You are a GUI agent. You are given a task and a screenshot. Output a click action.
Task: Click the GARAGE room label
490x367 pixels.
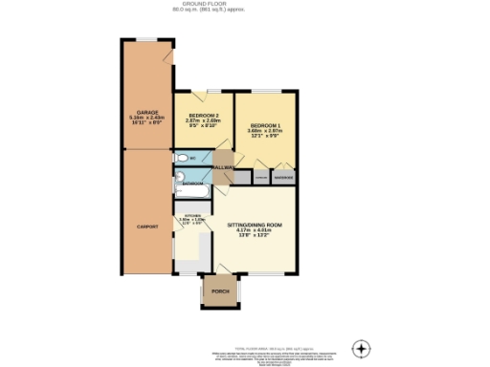click(146, 112)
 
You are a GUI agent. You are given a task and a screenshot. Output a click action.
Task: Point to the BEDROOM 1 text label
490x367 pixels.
click(265, 125)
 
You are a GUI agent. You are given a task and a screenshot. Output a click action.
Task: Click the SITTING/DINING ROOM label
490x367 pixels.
click(255, 225)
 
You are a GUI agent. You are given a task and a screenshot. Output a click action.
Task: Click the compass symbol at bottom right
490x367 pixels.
click(361, 348)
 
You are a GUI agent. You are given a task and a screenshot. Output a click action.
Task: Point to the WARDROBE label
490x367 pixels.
click(284, 177)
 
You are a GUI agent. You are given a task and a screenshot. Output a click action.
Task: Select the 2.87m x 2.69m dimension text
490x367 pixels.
click(203, 119)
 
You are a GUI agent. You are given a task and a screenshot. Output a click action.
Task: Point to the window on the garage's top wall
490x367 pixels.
click(147, 39)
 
